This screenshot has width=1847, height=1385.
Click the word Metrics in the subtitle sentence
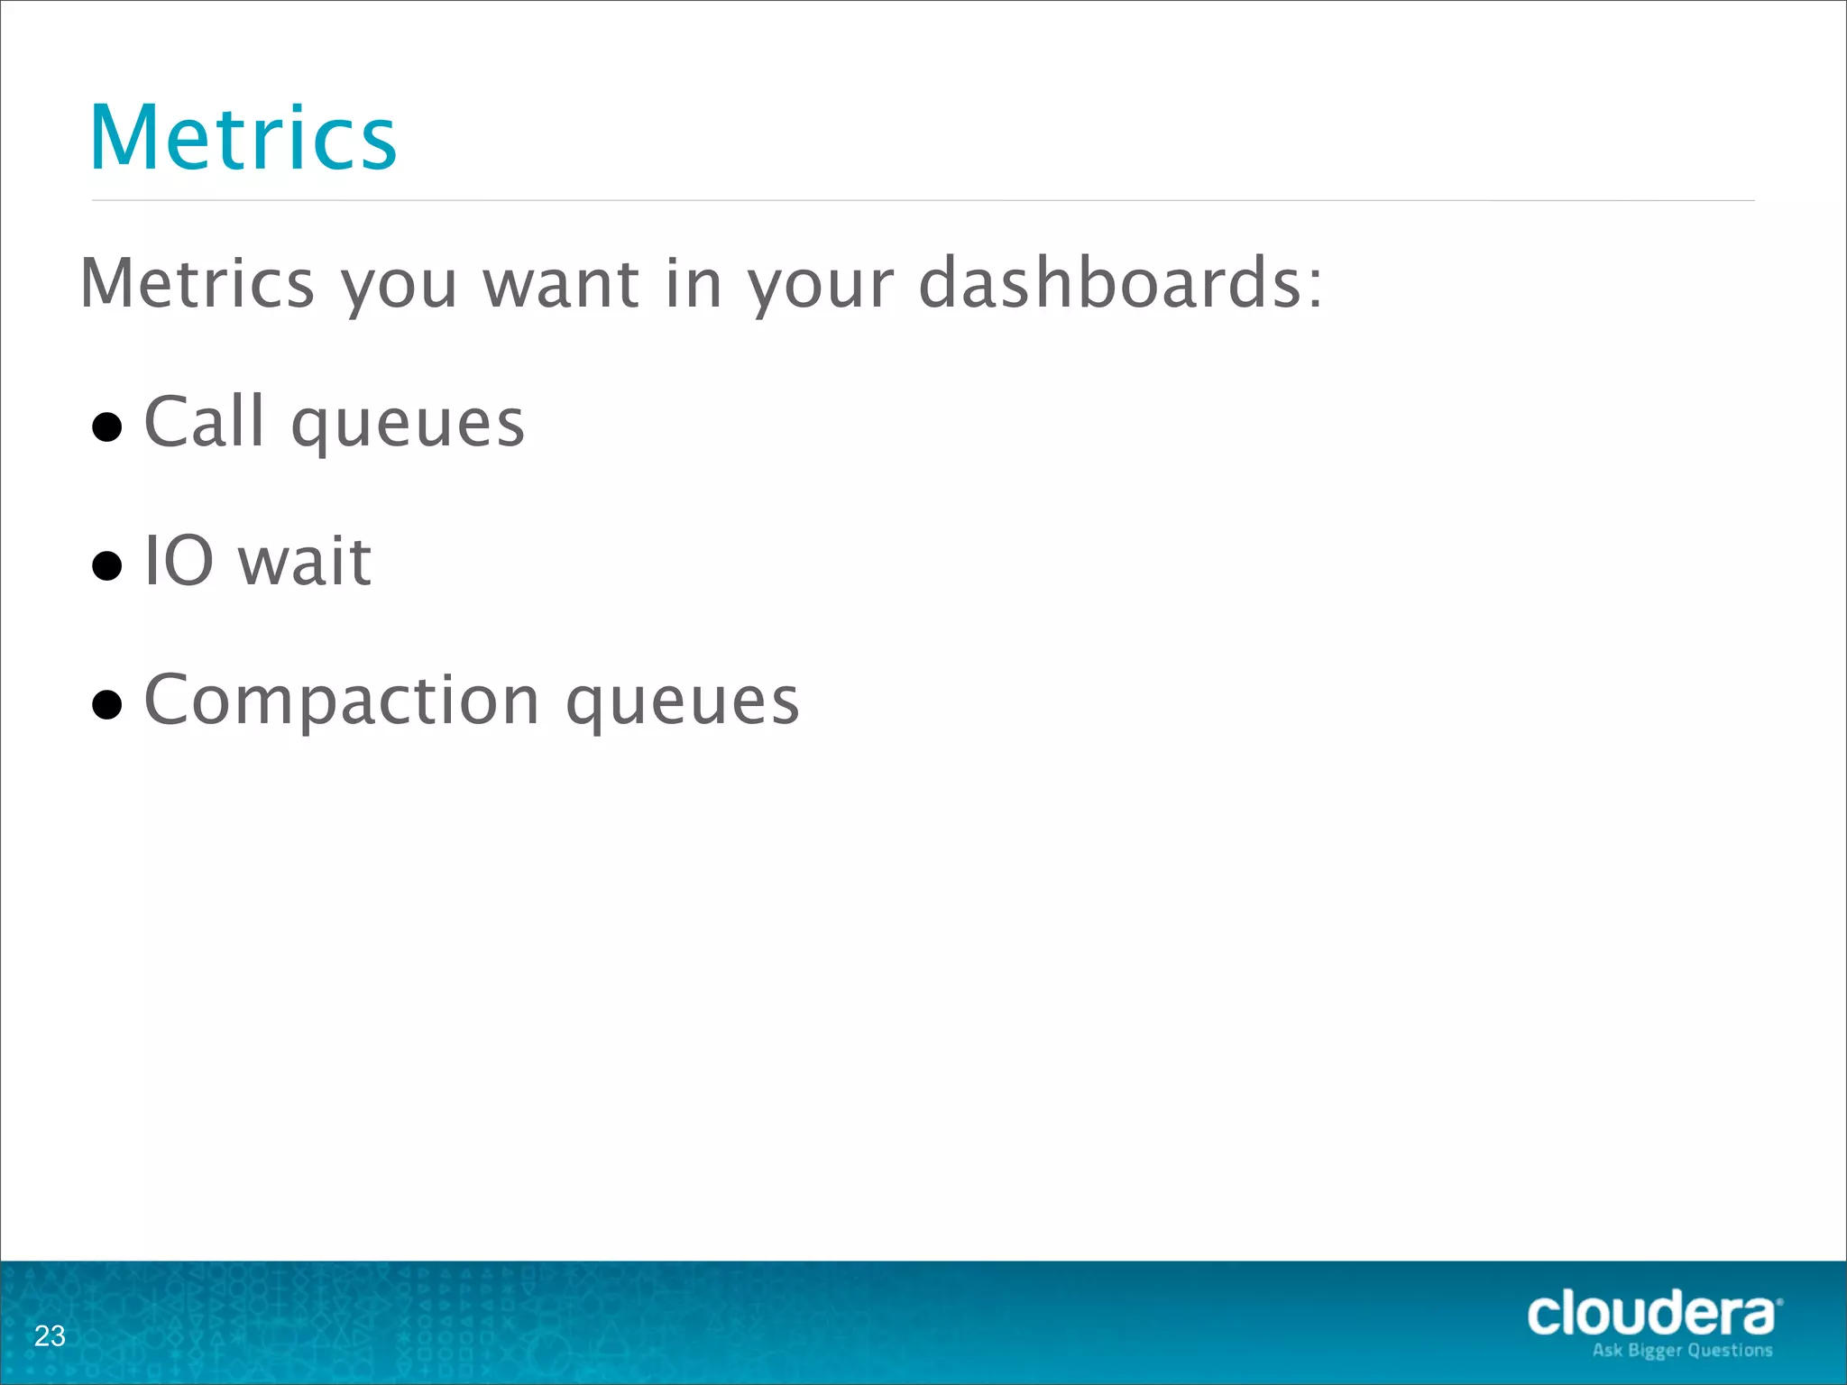pyautogui.click(x=198, y=282)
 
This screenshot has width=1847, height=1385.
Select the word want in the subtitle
pyautogui.click(x=562, y=282)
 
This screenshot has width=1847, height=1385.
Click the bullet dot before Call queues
pyautogui.click(x=107, y=427)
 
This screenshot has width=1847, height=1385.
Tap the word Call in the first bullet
pyautogui.click(x=205, y=421)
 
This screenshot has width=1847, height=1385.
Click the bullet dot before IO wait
pyautogui.click(x=107, y=565)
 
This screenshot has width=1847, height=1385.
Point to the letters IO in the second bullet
pyautogui.click(x=179, y=560)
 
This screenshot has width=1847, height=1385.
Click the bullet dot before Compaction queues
pyautogui.click(x=107, y=704)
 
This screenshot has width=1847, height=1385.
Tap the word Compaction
pyautogui.click(x=342, y=702)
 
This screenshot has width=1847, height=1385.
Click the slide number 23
pyautogui.click(x=50, y=1335)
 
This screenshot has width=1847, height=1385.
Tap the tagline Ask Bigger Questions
pyautogui.click(x=1682, y=1350)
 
